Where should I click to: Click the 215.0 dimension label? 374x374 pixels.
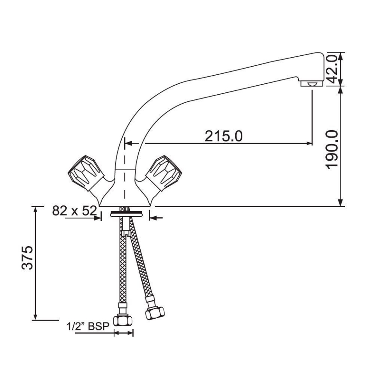click(224, 136)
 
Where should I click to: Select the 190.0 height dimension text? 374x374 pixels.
click(332, 149)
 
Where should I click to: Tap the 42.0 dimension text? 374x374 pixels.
click(332, 69)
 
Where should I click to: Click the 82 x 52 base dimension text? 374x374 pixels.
click(74, 211)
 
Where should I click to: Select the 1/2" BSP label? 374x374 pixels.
click(88, 326)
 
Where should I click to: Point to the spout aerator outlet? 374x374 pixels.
click(312, 83)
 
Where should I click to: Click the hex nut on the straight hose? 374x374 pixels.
click(123, 321)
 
